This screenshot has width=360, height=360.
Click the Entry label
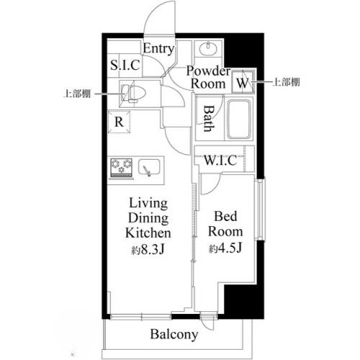(x=158, y=49)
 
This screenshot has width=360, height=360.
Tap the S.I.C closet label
(x=125, y=66)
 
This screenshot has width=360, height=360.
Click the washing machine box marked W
(x=243, y=83)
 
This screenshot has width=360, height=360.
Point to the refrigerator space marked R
(x=119, y=122)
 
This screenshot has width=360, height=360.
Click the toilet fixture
(x=133, y=92)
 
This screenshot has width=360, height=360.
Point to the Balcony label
(x=174, y=335)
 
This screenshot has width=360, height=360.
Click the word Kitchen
(x=148, y=233)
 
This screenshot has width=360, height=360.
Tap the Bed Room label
(x=225, y=224)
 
